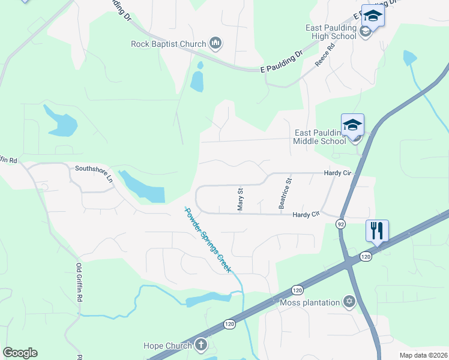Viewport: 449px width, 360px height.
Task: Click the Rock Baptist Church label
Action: tap(169, 43)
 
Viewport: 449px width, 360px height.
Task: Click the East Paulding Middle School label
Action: tap(321, 137)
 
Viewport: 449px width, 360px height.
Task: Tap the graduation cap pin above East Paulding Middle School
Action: tap(352, 125)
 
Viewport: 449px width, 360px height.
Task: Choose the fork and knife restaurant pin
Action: tap(377, 230)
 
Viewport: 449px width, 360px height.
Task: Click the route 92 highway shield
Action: tap(341, 224)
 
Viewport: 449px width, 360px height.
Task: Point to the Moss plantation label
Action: tap(310, 302)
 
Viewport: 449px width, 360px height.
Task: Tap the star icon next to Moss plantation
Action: tap(349, 301)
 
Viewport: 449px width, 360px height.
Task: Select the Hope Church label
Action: tap(167, 346)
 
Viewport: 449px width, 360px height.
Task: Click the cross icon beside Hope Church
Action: tap(200, 345)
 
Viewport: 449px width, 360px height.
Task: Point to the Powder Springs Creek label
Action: tap(208, 239)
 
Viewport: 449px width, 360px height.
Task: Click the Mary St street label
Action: tap(240, 199)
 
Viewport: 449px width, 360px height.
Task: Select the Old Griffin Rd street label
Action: tap(79, 281)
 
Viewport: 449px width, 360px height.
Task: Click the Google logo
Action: tap(20, 353)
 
